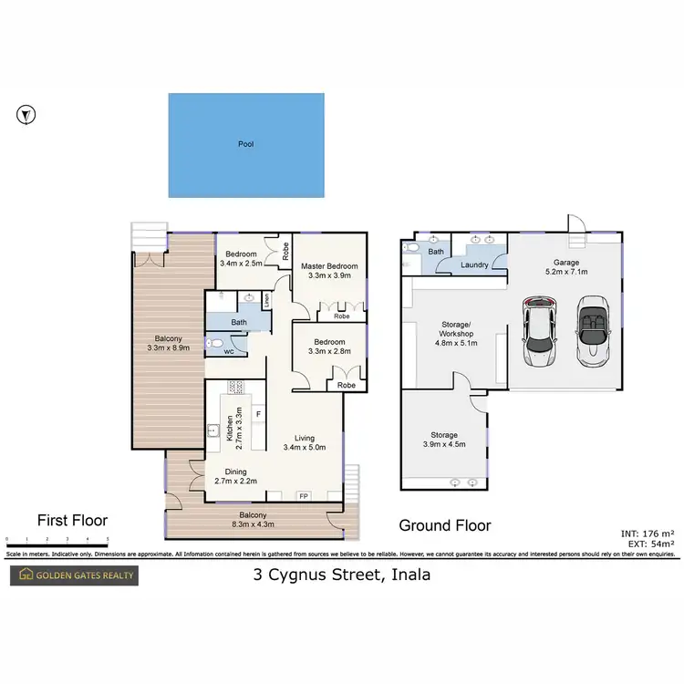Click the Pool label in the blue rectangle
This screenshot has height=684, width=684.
point(245,144)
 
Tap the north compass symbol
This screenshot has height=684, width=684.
point(27,115)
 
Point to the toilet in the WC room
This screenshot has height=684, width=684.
point(213,344)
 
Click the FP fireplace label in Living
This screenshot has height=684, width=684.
point(304,497)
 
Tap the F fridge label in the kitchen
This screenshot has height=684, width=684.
point(259,414)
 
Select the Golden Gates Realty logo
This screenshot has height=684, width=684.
point(73,575)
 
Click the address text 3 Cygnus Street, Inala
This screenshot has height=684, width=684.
point(341,575)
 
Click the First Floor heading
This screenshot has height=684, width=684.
point(72,521)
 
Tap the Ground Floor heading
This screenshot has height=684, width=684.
point(445,525)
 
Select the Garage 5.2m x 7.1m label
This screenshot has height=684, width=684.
point(566,266)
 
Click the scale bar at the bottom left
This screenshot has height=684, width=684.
point(57,540)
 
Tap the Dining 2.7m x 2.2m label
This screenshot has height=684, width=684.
point(237,477)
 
